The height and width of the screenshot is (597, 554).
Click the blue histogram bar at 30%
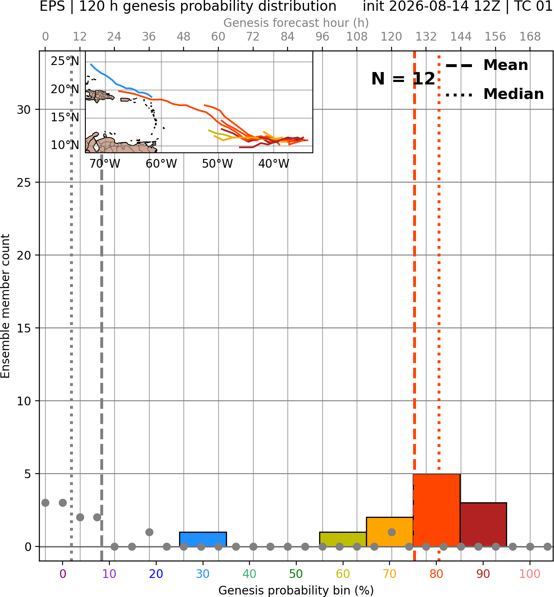(x=203, y=539)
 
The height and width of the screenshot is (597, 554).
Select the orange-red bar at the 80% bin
(x=436, y=510)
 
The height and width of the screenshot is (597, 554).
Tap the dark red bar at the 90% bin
(x=483, y=525)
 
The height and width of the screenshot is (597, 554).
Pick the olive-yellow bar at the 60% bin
(x=343, y=539)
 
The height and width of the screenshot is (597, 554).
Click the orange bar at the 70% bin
(x=389, y=532)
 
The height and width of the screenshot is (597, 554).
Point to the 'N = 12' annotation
(x=403, y=79)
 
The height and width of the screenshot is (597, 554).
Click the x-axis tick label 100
(x=530, y=574)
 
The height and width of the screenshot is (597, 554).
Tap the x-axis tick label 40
(x=249, y=574)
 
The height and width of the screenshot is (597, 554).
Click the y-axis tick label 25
(x=24, y=183)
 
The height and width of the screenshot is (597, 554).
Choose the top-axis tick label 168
(x=530, y=37)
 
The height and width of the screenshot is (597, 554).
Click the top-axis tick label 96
(x=322, y=37)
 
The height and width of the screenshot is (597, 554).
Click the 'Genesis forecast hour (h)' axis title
(x=296, y=23)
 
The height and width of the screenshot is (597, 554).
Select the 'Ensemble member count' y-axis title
(x=5, y=306)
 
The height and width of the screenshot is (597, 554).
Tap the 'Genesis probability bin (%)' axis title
(x=296, y=590)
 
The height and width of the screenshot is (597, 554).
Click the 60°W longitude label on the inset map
(x=161, y=164)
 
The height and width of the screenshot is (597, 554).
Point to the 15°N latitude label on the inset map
(x=65, y=117)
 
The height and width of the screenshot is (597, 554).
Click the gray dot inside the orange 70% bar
(x=392, y=532)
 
